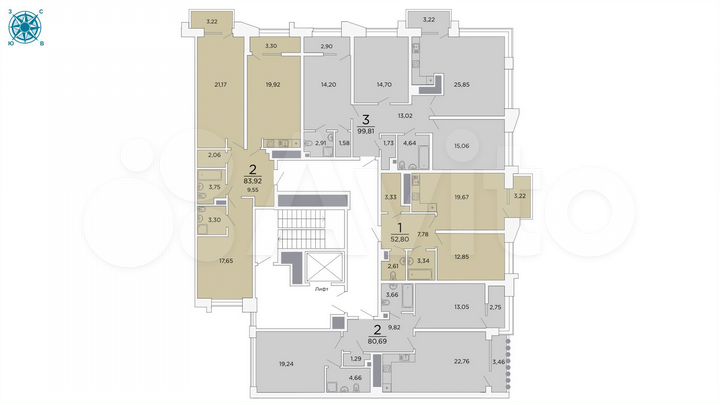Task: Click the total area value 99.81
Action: click(365, 131)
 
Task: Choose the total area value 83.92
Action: click(252, 181)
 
